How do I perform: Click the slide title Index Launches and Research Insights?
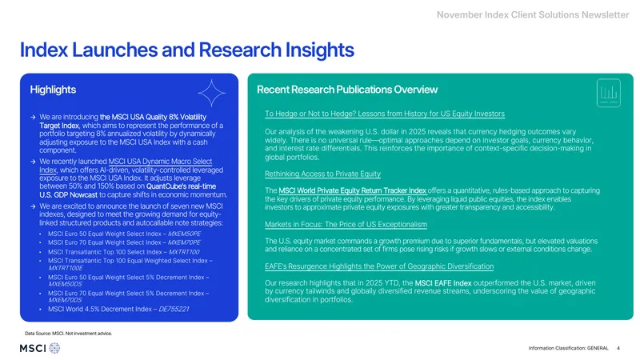click(x=187, y=50)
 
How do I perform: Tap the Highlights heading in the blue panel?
click(x=53, y=90)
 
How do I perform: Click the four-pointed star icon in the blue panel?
click(x=211, y=94)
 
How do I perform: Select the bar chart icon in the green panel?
click(x=609, y=93)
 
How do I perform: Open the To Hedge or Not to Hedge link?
click(x=385, y=114)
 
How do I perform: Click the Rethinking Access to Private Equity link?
click(x=322, y=174)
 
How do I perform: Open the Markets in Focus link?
click(x=346, y=225)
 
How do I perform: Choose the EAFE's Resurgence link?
click(x=379, y=266)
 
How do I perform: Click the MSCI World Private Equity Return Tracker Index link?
click(x=352, y=190)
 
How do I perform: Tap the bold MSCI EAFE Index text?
click(x=443, y=283)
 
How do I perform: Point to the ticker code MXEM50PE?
click(x=184, y=234)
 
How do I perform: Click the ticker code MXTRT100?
click(x=184, y=252)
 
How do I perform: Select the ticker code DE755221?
click(x=174, y=309)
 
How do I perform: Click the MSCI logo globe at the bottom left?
click(x=54, y=348)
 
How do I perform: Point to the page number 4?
click(x=618, y=348)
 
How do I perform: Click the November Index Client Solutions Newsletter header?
click(x=533, y=14)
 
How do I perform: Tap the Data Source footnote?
click(x=68, y=334)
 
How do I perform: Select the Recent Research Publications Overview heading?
click(x=347, y=90)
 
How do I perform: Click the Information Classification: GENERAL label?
click(x=568, y=348)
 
